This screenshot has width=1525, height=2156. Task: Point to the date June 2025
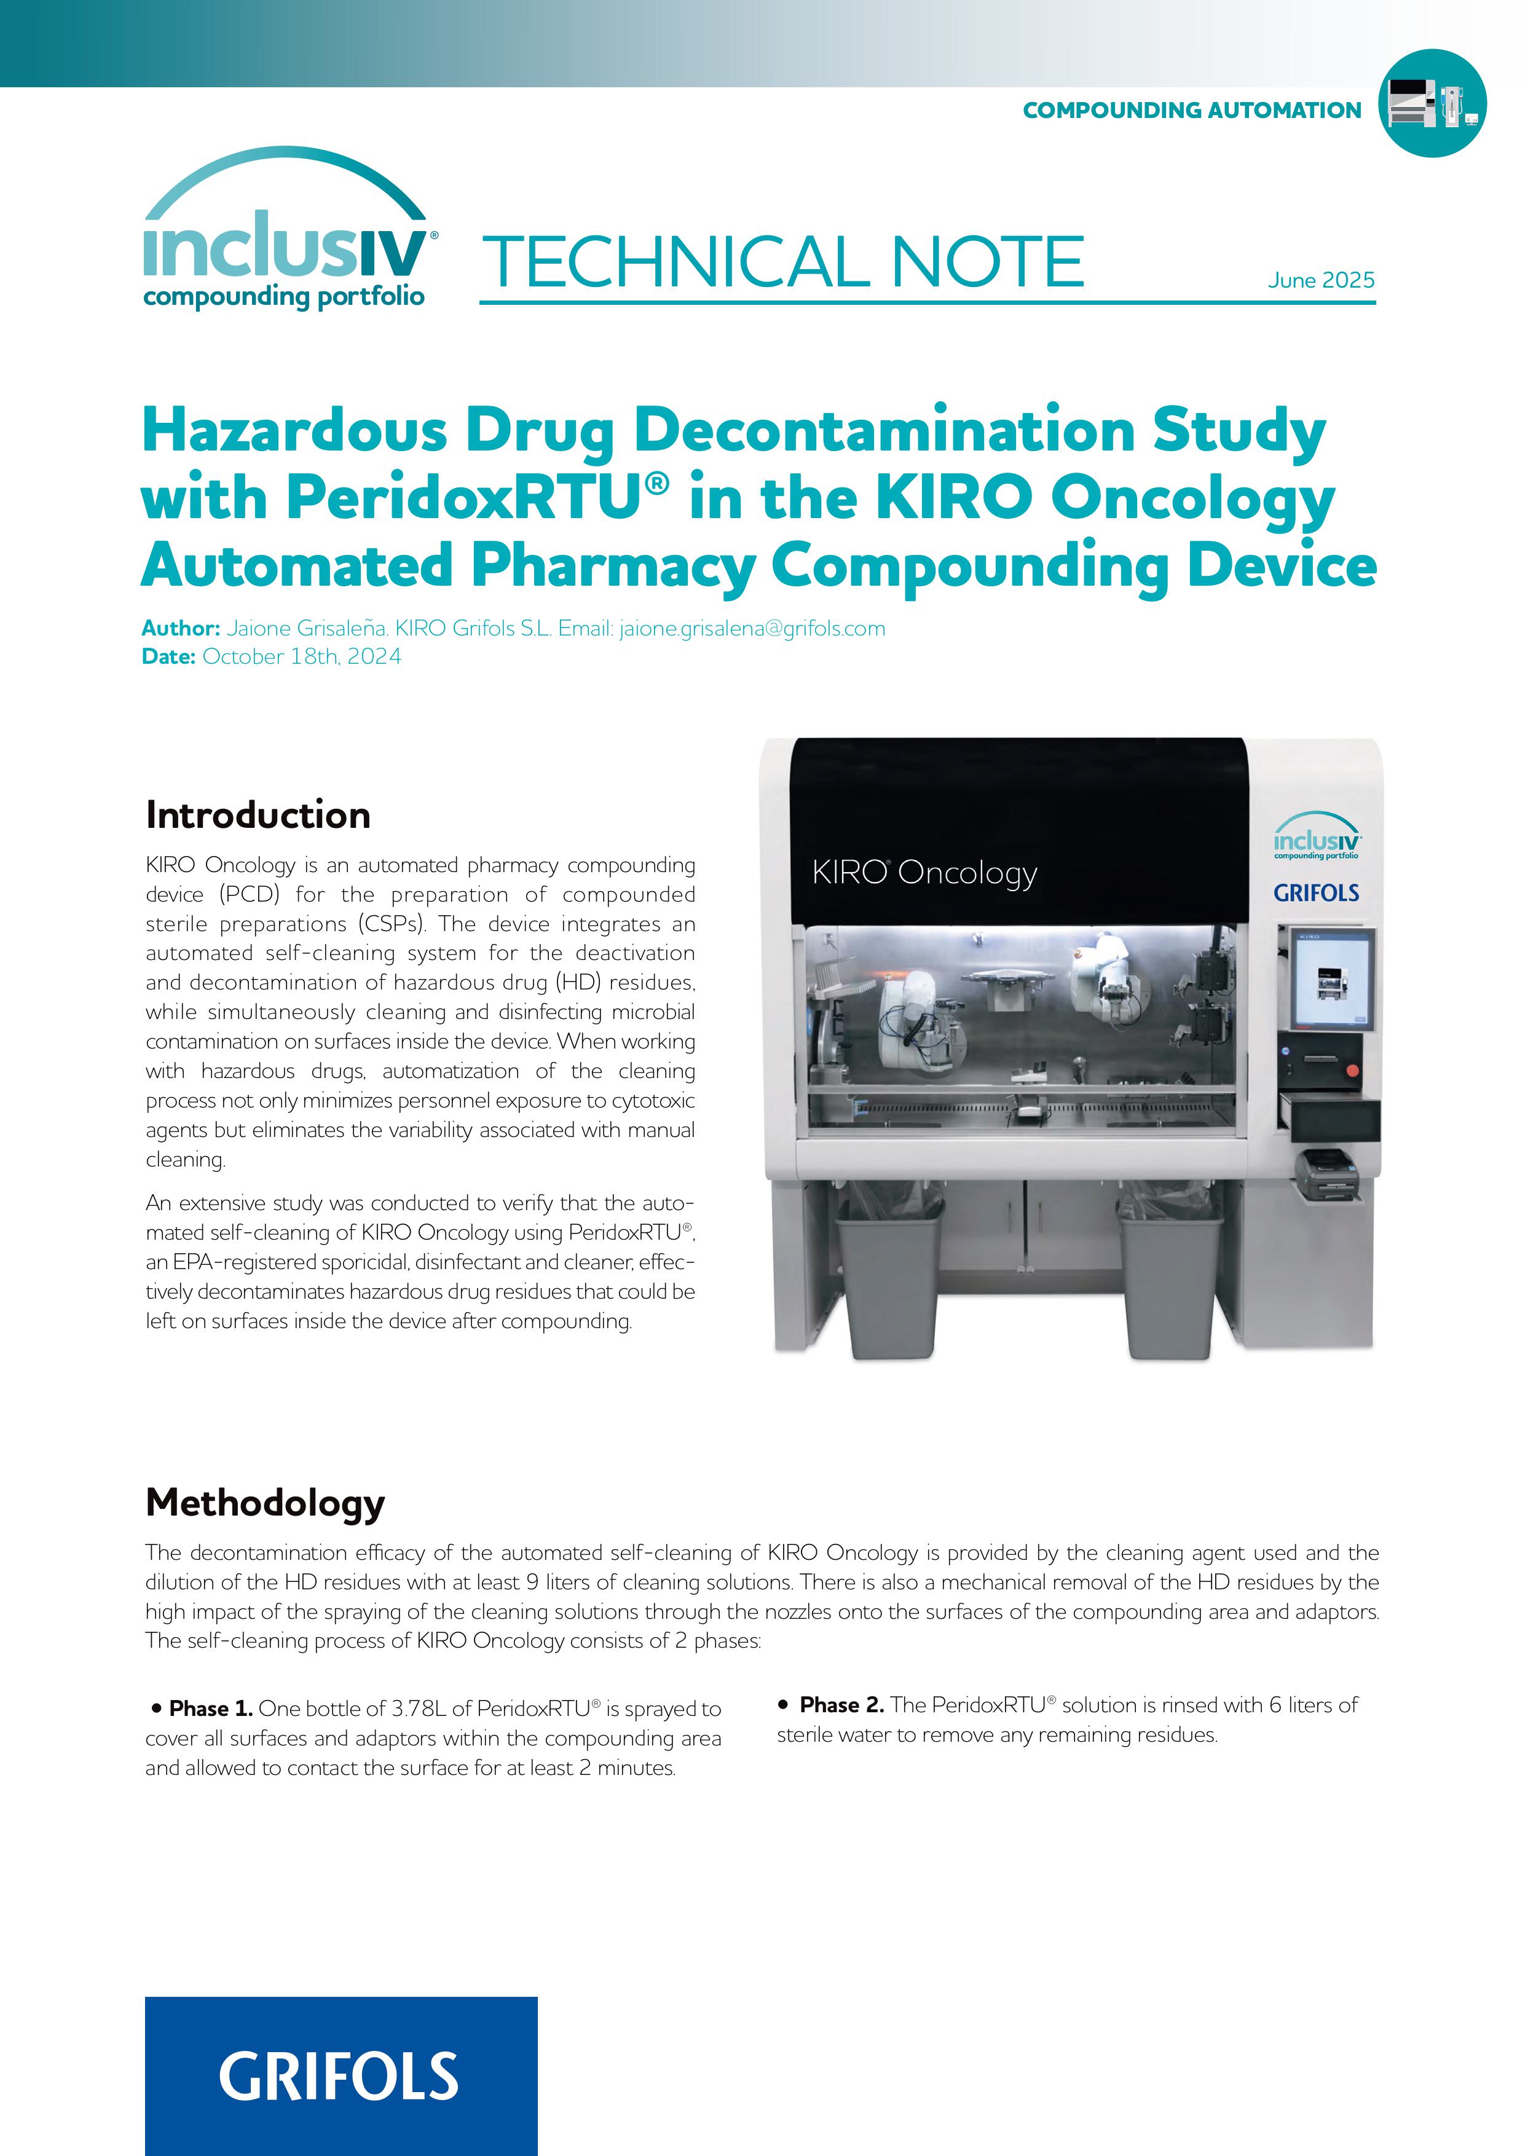tap(1320, 280)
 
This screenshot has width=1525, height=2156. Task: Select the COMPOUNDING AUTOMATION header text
tap(1191, 111)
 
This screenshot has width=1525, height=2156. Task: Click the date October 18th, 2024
tap(301, 656)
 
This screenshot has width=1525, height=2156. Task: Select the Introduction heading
tap(258, 815)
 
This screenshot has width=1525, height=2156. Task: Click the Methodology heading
tap(265, 1503)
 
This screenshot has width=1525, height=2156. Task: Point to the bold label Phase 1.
tap(210, 1708)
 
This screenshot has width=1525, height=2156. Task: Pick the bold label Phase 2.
tap(841, 1704)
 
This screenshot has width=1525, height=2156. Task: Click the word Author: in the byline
tap(180, 628)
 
